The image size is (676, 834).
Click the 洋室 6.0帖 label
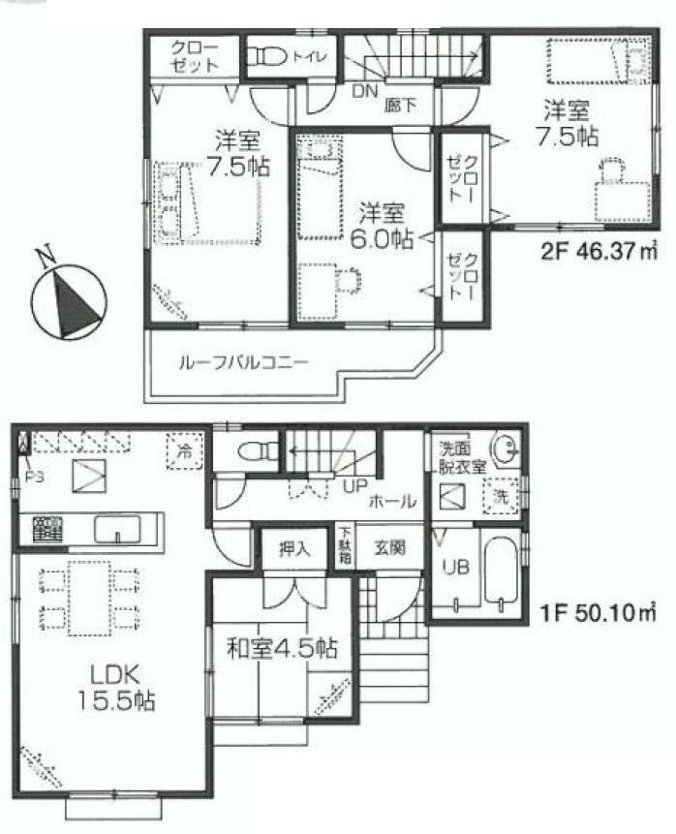point(383,225)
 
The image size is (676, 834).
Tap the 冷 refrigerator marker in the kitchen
point(183,450)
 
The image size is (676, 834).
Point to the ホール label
point(394,502)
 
